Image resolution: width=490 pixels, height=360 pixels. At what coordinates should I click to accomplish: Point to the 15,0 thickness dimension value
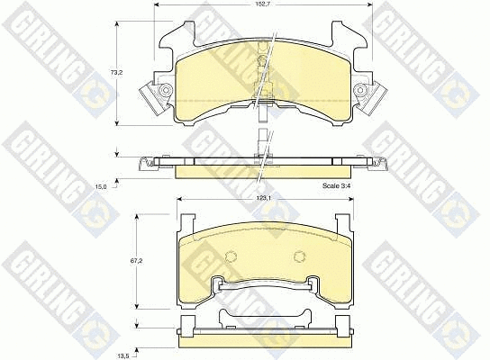click(102, 186)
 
